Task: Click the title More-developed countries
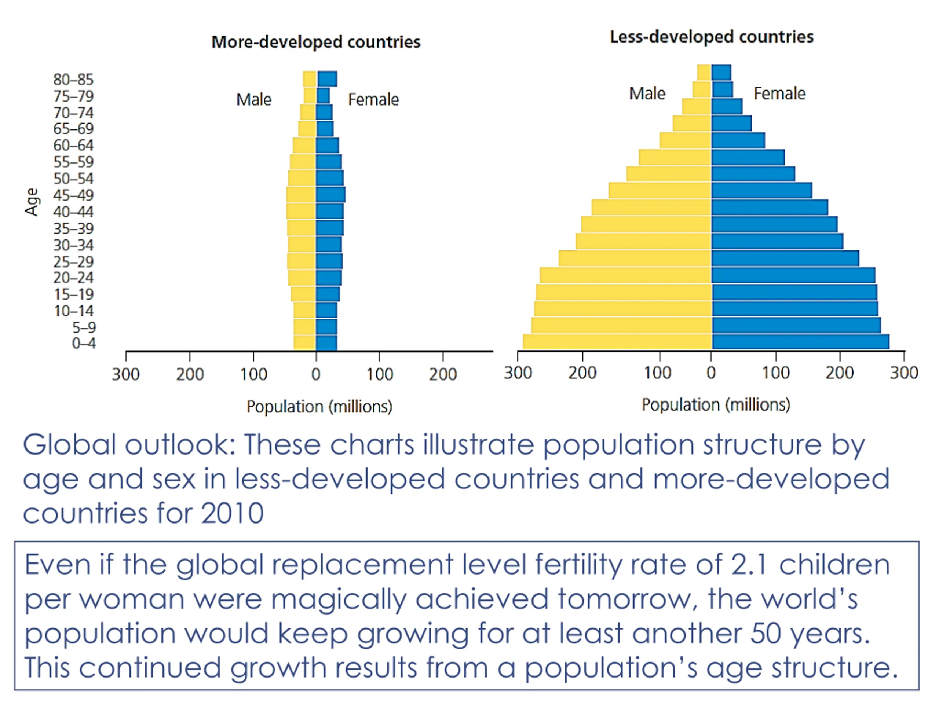[x=316, y=42]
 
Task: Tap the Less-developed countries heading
[x=712, y=37]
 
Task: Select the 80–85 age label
[x=73, y=79]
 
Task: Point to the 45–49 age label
[x=73, y=195]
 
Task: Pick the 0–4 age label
[x=84, y=343]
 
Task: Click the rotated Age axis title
[x=32, y=202]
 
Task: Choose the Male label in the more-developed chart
[x=253, y=100]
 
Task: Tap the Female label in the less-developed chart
[x=779, y=93]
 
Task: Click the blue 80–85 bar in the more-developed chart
[x=327, y=79]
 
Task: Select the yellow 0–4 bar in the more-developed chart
[x=304, y=342]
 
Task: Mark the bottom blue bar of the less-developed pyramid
[x=800, y=342]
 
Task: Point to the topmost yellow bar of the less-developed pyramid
[x=704, y=72]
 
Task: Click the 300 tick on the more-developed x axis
[x=126, y=374]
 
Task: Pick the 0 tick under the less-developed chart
[x=711, y=373]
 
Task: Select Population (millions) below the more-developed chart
[x=319, y=407]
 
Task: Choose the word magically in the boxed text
[x=338, y=599]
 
